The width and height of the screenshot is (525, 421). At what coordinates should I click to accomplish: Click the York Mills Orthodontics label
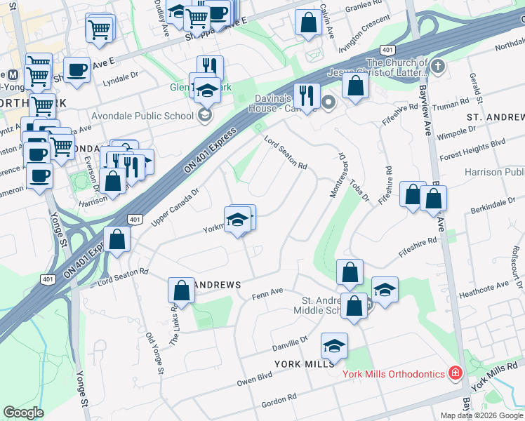tap(393, 373)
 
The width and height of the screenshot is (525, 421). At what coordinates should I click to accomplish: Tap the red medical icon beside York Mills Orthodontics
tap(456, 373)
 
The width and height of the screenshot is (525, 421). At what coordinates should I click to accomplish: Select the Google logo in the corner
tap(23, 413)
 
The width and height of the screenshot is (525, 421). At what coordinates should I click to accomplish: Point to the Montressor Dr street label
tap(335, 176)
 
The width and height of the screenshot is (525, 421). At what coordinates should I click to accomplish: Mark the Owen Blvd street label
tap(253, 379)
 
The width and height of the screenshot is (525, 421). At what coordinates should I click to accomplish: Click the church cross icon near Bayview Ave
tap(438, 67)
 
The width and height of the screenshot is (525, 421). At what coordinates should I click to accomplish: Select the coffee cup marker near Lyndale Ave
tap(77, 69)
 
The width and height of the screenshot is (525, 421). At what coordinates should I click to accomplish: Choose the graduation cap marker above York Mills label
tap(335, 345)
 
